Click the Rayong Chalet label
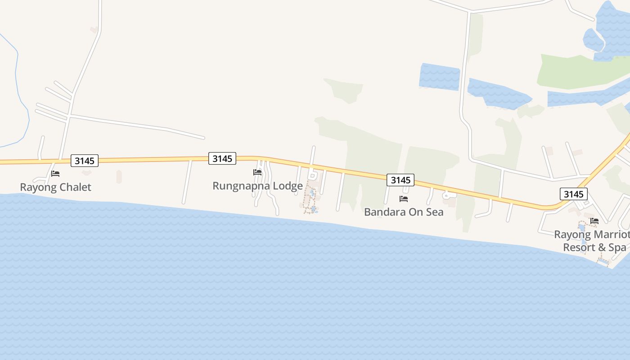[55, 187]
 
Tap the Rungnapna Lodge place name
[257, 186]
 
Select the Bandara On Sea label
[404, 212]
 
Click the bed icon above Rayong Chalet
[55, 173]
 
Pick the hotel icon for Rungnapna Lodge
[257, 172]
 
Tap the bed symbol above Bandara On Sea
[404, 198]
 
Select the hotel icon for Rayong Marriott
[594, 220]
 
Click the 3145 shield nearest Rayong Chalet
[84, 161]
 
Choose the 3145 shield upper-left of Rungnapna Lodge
[222, 158]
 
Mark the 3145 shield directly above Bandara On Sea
[400, 180]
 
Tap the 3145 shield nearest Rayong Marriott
[574, 194]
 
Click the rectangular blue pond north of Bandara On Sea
[439, 76]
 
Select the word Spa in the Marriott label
[617, 247]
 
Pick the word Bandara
[382, 212]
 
